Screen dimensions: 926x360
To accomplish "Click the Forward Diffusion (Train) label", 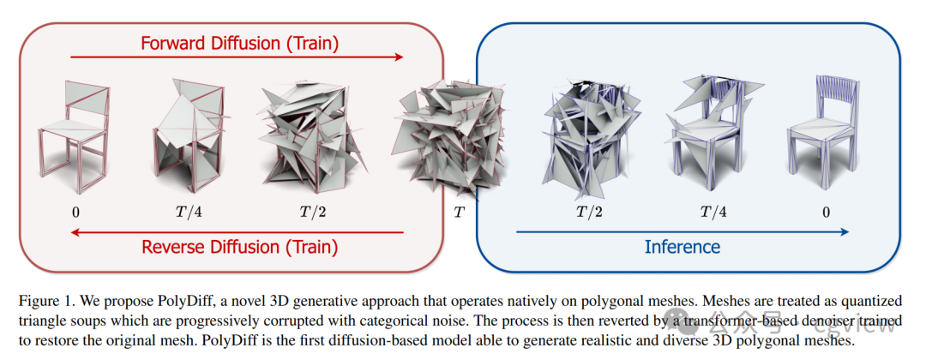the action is click(239, 43).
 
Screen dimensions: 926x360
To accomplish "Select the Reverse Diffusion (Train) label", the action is click(239, 246).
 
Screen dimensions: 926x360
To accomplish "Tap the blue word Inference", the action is click(682, 246).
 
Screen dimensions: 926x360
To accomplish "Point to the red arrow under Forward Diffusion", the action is click(237, 57).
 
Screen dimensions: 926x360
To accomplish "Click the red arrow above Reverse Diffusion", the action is click(237, 232).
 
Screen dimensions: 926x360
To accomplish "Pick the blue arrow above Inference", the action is click(682, 232).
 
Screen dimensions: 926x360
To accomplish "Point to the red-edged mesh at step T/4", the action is click(190, 137).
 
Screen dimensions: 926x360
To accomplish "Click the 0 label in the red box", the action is click(75, 211).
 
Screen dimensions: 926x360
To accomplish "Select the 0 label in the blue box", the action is click(827, 211).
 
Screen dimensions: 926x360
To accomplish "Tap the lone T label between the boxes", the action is click(459, 211).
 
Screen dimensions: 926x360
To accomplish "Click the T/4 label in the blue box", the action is click(713, 211).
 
